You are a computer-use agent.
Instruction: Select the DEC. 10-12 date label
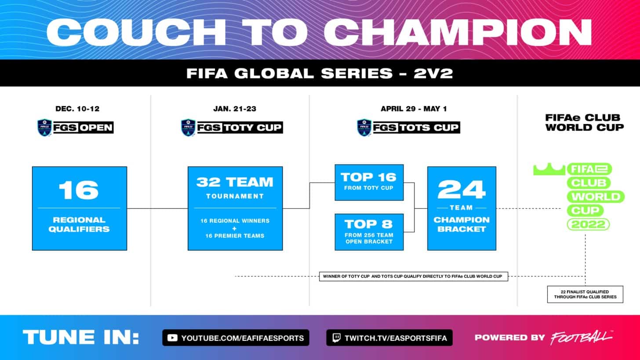click(x=75, y=109)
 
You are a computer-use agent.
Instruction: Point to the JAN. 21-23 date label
click(x=231, y=109)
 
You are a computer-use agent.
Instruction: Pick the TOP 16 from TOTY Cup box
click(x=369, y=182)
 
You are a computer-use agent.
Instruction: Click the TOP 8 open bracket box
click(x=369, y=232)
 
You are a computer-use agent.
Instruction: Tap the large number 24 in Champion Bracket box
click(x=462, y=189)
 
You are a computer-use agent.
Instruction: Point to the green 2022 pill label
click(x=588, y=225)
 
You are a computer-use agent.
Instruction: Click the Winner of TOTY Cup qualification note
click(x=413, y=276)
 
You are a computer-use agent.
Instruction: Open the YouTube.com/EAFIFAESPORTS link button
click(x=236, y=338)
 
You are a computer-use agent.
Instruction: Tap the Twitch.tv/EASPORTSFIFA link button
click(x=389, y=338)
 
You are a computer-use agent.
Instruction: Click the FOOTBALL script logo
click(x=581, y=337)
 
